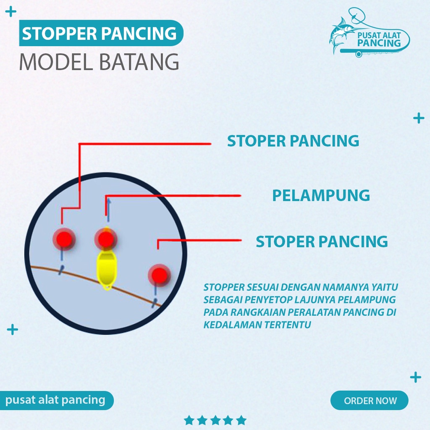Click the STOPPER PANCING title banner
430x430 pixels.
coord(100,33)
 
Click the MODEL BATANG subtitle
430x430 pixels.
coord(99,62)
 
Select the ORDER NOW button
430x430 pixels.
coord(370,400)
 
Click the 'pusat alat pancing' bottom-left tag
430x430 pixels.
coord(55,400)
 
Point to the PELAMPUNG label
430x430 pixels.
coord(321,195)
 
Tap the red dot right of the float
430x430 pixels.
coord(159,275)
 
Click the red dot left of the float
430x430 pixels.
coord(63,239)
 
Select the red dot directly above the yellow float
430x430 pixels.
coord(105,239)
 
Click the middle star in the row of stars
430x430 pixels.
coord(215,420)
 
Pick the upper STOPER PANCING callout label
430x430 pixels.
coord(293,141)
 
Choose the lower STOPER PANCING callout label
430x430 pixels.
coord(322,241)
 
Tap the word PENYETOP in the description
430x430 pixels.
coord(262,300)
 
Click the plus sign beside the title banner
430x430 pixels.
coord(11,12)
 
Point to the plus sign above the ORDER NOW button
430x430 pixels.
coord(415,377)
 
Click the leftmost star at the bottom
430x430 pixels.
coord(189,420)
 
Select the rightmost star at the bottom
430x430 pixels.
coord(241,420)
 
